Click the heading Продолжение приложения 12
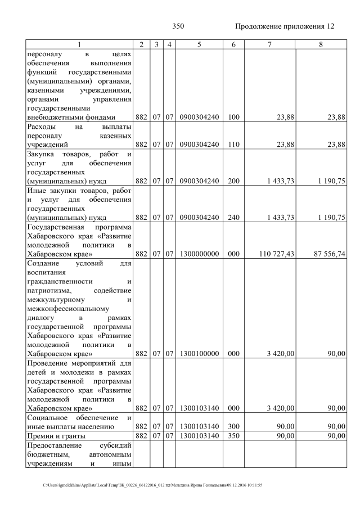tap(284, 26)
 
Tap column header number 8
tap(321, 44)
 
